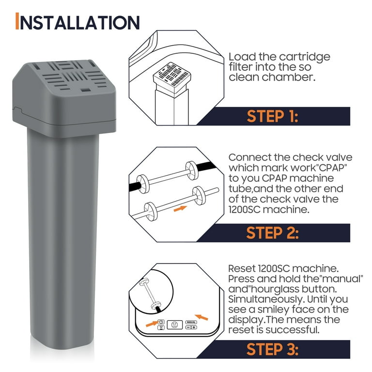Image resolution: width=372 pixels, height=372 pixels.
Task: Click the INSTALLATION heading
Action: pyautogui.click(x=77, y=22)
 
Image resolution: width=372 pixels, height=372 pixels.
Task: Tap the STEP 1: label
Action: pyautogui.click(x=272, y=116)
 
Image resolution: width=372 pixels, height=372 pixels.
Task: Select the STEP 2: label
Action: pyautogui.click(x=272, y=232)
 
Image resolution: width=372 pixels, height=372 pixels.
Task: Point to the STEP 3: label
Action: pyautogui.click(x=272, y=349)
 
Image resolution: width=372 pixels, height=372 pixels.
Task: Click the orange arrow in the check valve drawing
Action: pyautogui.click(x=180, y=209)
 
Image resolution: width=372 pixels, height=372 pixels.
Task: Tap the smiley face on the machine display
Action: pyautogui.click(x=174, y=325)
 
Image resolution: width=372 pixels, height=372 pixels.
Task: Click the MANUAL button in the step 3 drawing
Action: pyautogui.click(x=191, y=322)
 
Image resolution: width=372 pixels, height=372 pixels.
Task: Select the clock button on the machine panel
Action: pyautogui.click(x=161, y=322)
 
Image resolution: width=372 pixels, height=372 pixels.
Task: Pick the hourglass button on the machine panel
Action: pyautogui.click(x=161, y=327)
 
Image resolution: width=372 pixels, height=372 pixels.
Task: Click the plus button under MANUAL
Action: pyautogui.click(x=194, y=327)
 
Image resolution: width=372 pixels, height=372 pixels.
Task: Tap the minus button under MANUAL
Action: pyautogui.click(x=188, y=327)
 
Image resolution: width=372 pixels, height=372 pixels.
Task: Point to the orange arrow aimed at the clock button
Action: pyautogui.click(x=152, y=324)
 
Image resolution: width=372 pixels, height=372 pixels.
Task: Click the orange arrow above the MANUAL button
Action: pyautogui.click(x=201, y=317)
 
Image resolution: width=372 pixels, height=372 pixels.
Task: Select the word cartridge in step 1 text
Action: pyautogui.click(x=304, y=57)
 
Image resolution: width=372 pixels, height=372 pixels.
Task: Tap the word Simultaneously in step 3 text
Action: pyautogui.click(x=266, y=299)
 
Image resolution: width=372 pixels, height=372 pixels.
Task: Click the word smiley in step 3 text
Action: pyautogui.click(x=273, y=310)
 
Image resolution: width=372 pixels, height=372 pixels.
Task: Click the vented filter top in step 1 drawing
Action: pyautogui.click(x=172, y=75)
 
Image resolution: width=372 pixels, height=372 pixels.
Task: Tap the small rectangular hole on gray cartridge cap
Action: pyautogui.click(x=85, y=90)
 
